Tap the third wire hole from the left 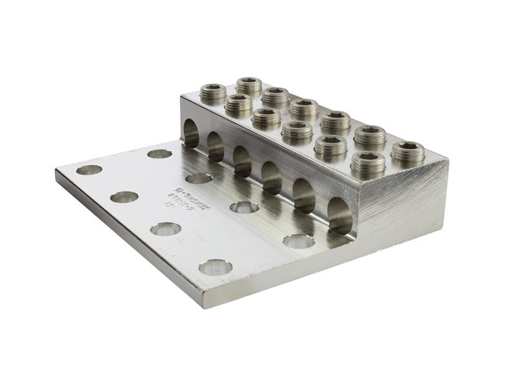click(x=243, y=161)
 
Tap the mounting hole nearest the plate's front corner click(x=215, y=266)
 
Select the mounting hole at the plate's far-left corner click(x=89, y=170)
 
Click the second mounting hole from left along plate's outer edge click(x=124, y=197)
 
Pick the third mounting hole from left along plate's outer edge click(x=166, y=228)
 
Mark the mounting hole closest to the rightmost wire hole click(x=299, y=241)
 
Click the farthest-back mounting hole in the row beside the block click(x=159, y=154)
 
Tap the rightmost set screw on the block click(x=408, y=154)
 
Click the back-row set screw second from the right click(x=370, y=136)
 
